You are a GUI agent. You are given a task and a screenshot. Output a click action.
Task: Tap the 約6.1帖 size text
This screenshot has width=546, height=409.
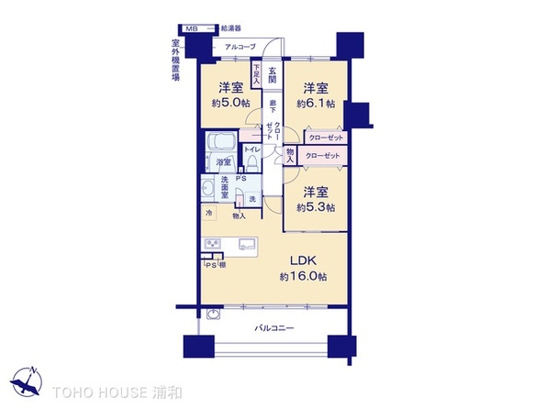pyautogui.click(x=315, y=104)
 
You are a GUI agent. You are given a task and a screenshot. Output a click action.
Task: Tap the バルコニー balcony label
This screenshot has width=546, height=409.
pyautogui.click(x=275, y=328)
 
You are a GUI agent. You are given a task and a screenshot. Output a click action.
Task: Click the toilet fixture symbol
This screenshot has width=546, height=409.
pyautogui.click(x=251, y=163)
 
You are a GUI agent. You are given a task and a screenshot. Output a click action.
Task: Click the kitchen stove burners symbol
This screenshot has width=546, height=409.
pyautogui.click(x=215, y=243)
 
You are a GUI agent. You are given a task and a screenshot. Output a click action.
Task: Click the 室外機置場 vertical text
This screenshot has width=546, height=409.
pyautogui.click(x=174, y=62)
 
